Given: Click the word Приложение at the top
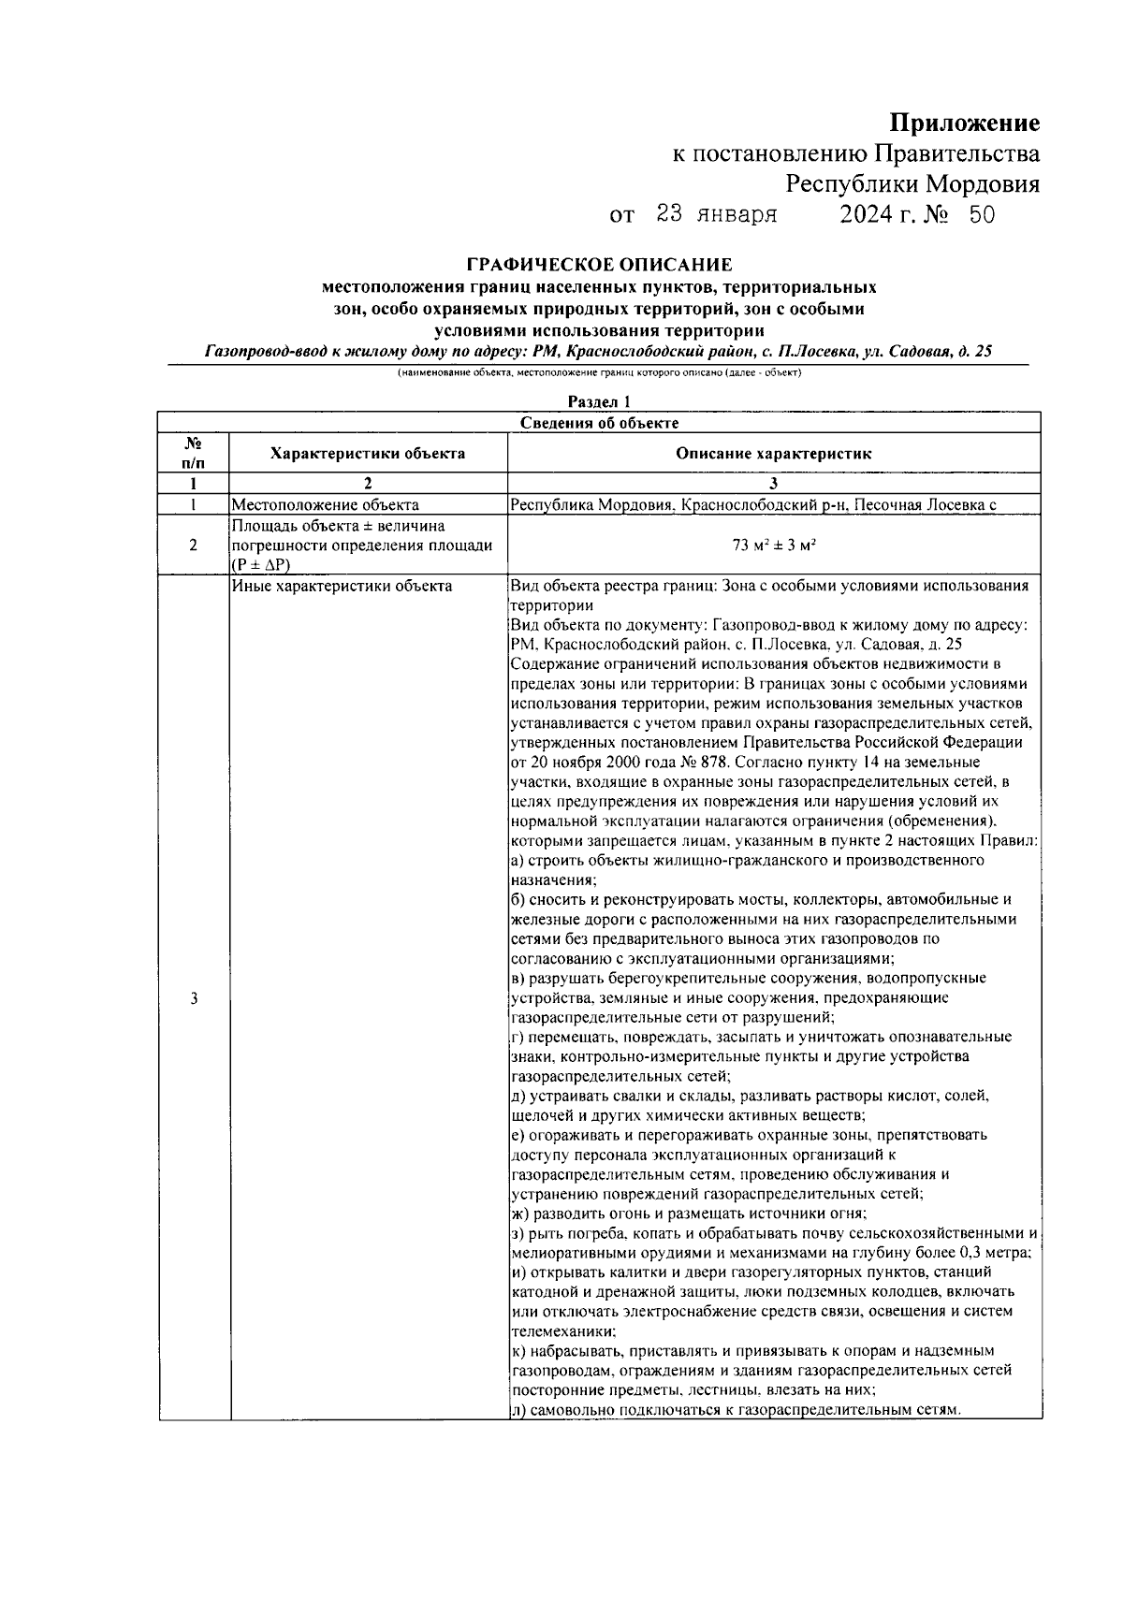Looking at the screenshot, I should pos(964,124).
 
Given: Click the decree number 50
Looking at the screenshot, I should pos(982,216).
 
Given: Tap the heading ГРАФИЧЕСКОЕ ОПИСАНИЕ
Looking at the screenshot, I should pos(599,266).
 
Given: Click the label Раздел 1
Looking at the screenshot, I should pos(599,402).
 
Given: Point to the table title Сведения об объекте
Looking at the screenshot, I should pos(599,423).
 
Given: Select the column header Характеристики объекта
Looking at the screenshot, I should pos(367,454).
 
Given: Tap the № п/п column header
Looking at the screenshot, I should pos(193,453).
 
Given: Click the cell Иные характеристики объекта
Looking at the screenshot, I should pos(342,587).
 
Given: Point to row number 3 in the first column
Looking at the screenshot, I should pos(193,998).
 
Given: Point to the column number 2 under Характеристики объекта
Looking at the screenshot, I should pos(367,485).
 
